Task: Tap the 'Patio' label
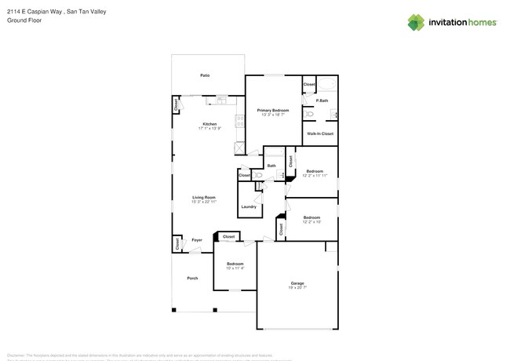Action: (205, 75)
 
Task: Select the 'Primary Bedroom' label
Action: (274, 111)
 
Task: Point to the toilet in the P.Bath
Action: (309, 114)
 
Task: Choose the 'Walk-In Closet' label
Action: (320, 134)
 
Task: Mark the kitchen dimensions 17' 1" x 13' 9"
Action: (209, 128)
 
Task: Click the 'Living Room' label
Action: (204, 197)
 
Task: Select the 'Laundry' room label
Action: (249, 206)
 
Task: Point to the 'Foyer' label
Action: (197, 240)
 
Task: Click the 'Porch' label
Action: (192, 278)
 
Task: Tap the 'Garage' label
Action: (297, 283)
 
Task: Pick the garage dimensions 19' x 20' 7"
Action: (297, 287)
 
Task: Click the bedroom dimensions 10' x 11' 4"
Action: (235, 268)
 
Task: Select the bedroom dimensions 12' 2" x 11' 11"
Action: (315, 176)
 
